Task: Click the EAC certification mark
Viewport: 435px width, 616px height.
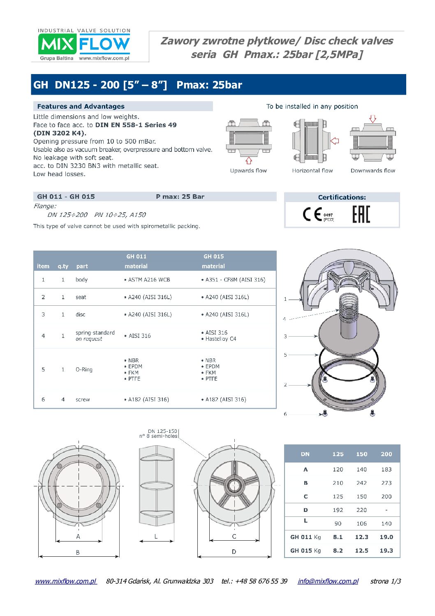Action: pos(361,214)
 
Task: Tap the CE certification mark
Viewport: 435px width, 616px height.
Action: pos(312,214)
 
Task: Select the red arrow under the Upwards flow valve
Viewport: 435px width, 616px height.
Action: pos(248,160)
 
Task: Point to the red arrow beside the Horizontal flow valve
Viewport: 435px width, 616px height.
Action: pos(335,141)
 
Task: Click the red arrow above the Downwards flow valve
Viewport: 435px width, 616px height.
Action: pos(373,119)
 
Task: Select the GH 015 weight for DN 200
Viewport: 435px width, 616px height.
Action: pos(386,551)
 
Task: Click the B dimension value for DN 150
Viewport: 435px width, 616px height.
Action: pos(361,483)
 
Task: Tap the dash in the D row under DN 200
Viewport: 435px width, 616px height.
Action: pos(386,510)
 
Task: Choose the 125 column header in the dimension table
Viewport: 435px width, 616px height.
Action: pos(338,454)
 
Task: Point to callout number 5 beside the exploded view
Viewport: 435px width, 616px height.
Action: pos(285,355)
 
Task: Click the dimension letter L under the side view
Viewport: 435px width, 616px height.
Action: pos(156,537)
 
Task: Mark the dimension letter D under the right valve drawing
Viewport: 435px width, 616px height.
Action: pos(234,552)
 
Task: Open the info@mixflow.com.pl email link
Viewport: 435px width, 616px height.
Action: pos(328,581)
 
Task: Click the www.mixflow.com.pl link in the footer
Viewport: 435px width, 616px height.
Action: pos(66,581)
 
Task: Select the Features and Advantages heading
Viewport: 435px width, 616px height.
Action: pos(81,107)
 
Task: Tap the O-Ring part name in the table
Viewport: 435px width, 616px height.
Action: pos(84,370)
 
